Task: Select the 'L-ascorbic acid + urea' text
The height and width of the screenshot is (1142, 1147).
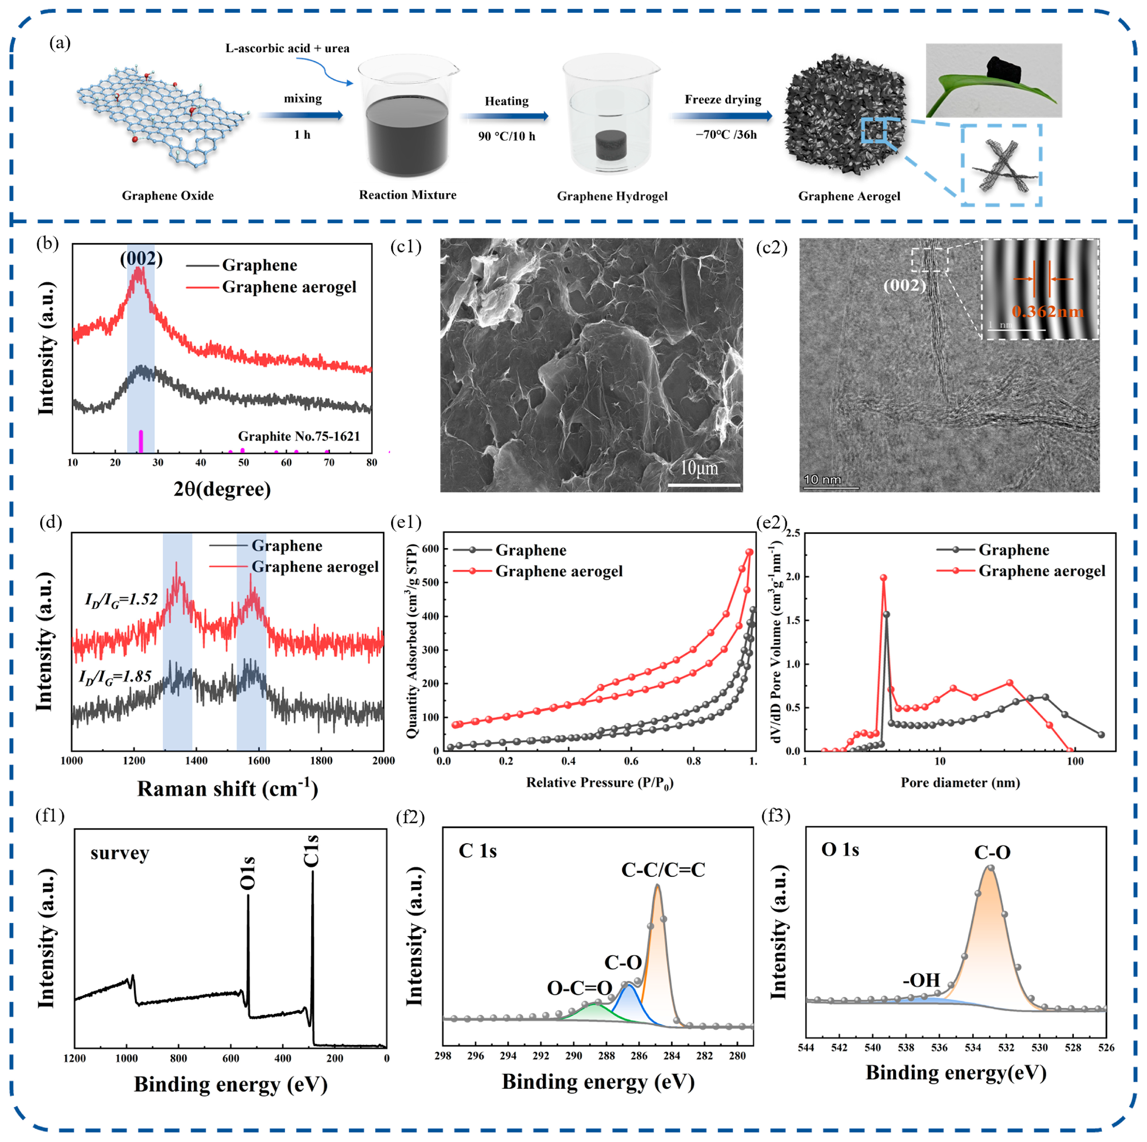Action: click(x=287, y=48)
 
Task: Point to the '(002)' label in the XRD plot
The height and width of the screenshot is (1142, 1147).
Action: click(x=141, y=259)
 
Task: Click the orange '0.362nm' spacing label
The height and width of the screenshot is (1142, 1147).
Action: click(x=1047, y=311)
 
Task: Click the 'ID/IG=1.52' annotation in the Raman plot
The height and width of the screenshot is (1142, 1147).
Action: click(x=121, y=600)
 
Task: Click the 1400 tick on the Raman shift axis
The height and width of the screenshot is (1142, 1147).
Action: click(x=197, y=760)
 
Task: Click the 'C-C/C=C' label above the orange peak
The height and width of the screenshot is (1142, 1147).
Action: click(x=663, y=870)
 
